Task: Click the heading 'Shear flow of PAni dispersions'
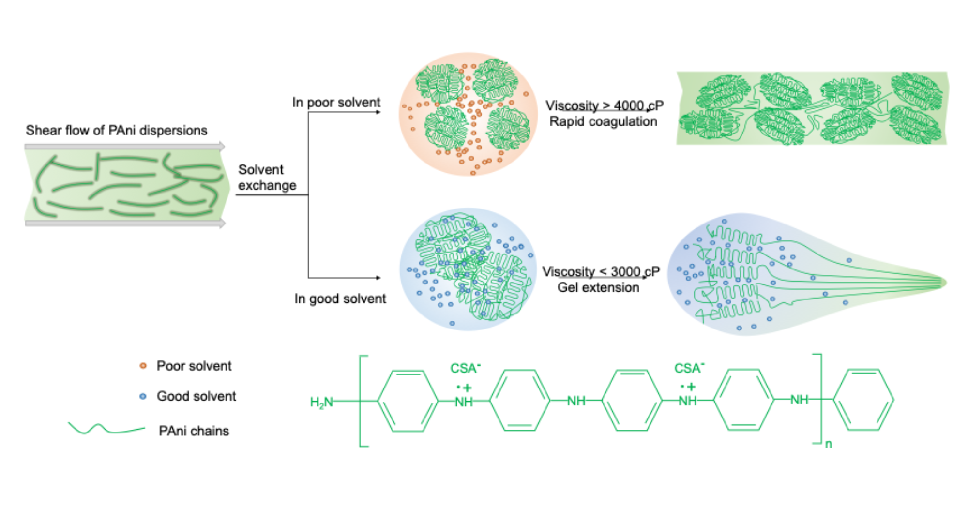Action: coord(116,130)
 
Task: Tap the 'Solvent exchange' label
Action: coord(267,178)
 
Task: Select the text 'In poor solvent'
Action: coord(336,103)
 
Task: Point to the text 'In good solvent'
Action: coord(340,299)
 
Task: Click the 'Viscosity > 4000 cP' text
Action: coord(604,105)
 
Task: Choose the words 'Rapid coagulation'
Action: coord(603,121)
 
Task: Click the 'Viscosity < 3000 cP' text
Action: coord(600,271)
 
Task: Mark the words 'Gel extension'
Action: coord(598,287)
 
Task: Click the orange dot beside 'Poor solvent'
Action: coord(143,366)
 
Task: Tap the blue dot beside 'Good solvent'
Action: coord(143,396)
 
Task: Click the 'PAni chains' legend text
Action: coord(194,431)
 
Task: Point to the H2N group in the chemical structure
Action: coord(321,402)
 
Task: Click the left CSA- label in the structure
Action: coord(465,369)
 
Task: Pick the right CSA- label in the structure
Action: coord(689,369)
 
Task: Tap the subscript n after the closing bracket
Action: coord(828,444)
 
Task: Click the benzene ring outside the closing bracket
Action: coord(863,400)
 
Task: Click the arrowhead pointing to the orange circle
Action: coord(378,112)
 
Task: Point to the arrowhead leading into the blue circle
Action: coord(378,278)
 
